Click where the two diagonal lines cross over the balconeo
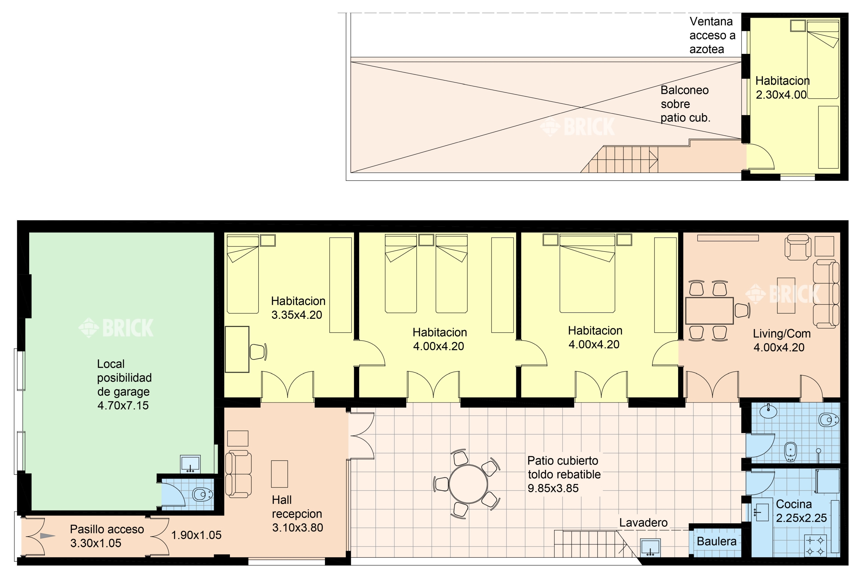tap(581, 107)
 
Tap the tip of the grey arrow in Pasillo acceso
tap(56, 536)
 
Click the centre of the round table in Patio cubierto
tap(468, 484)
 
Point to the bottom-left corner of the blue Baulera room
tap(694, 557)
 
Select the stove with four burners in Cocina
tap(816, 546)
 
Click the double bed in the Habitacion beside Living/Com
tap(587, 274)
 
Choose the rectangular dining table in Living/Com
tap(709, 311)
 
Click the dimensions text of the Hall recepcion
tap(298, 528)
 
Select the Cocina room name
tap(794, 504)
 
